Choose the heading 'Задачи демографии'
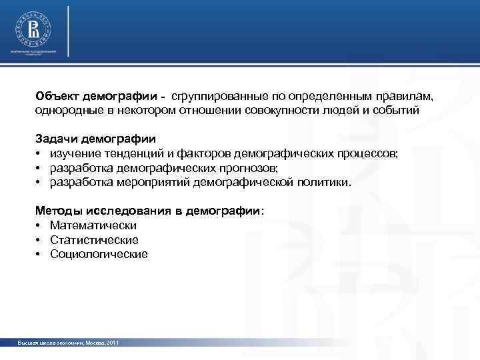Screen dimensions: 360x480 pos(95,139)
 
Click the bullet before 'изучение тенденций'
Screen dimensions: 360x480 pos(39,154)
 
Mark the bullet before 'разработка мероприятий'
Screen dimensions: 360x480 pos(39,183)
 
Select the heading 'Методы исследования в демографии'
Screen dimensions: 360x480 pos(148,211)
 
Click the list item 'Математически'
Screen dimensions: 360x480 pos(93,226)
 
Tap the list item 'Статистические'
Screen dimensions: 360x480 pos(94,240)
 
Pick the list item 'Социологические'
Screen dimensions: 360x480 pos(99,255)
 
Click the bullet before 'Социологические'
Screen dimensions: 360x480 pos(39,255)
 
